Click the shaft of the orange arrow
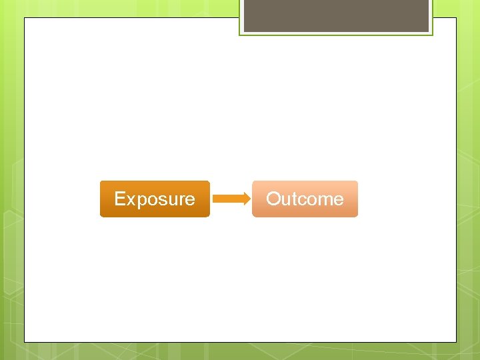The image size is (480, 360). pos(228,199)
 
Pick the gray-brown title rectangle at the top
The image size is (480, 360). pos(336,16)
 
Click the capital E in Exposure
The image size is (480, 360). pos(120,199)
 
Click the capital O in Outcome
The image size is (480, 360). pos(273,199)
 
